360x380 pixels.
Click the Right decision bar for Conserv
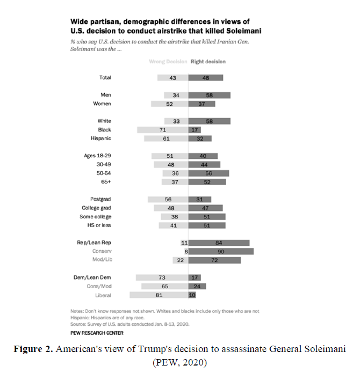pyautogui.click(x=221, y=251)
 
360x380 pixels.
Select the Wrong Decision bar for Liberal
pyautogui.click(x=159, y=295)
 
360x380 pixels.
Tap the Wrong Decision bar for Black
pyautogui.click(x=162, y=130)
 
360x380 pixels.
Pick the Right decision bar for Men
pyautogui.click(x=209, y=95)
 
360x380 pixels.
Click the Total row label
pyautogui.click(x=105, y=78)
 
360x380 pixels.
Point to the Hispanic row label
pyautogui.click(x=100, y=138)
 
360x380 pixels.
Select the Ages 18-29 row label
pyautogui.click(x=97, y=156)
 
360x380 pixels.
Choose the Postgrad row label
pyautogui.click(x=100, y=199)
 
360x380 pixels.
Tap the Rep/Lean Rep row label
pyautogui.click(x=94, y=243)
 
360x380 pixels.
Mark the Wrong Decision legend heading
pyautogui.click(x=168, y=62)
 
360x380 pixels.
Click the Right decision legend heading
pyautogui.click(x=208, y=62)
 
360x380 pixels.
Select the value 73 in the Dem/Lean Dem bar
pyautogui.click(x=162, y=277)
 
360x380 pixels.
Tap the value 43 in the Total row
pyautogui.click(x=173, y=78)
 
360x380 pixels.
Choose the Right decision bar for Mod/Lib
pyautogui.click(x=214, y=260)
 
